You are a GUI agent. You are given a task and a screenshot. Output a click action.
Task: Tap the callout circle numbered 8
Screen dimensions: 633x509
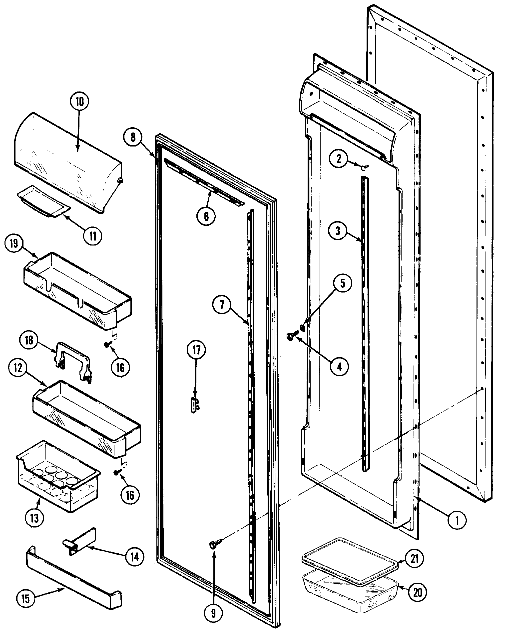pos(133,137)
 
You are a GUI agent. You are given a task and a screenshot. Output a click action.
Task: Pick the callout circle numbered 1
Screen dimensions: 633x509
pos(457,520)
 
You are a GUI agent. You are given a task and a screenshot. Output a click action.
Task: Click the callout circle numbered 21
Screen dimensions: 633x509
pos(414,558)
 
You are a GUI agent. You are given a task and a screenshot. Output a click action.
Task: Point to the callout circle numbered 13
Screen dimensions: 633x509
pos(34,518)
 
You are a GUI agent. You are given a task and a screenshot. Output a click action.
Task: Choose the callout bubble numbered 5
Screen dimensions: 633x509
pos(342,283)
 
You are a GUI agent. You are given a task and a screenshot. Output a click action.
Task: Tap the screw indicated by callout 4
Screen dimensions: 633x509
pos(291,336)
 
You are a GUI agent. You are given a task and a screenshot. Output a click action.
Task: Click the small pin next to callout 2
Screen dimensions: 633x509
pos(364,167)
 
